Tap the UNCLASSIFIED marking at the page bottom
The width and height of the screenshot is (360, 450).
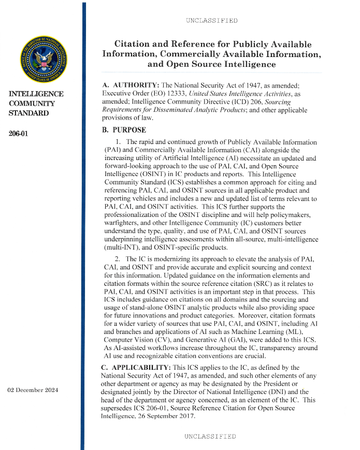tap(210, 437)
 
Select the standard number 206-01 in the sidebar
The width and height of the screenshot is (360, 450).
tap(19, 134)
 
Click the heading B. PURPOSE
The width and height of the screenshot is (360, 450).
tap(124, 130)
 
